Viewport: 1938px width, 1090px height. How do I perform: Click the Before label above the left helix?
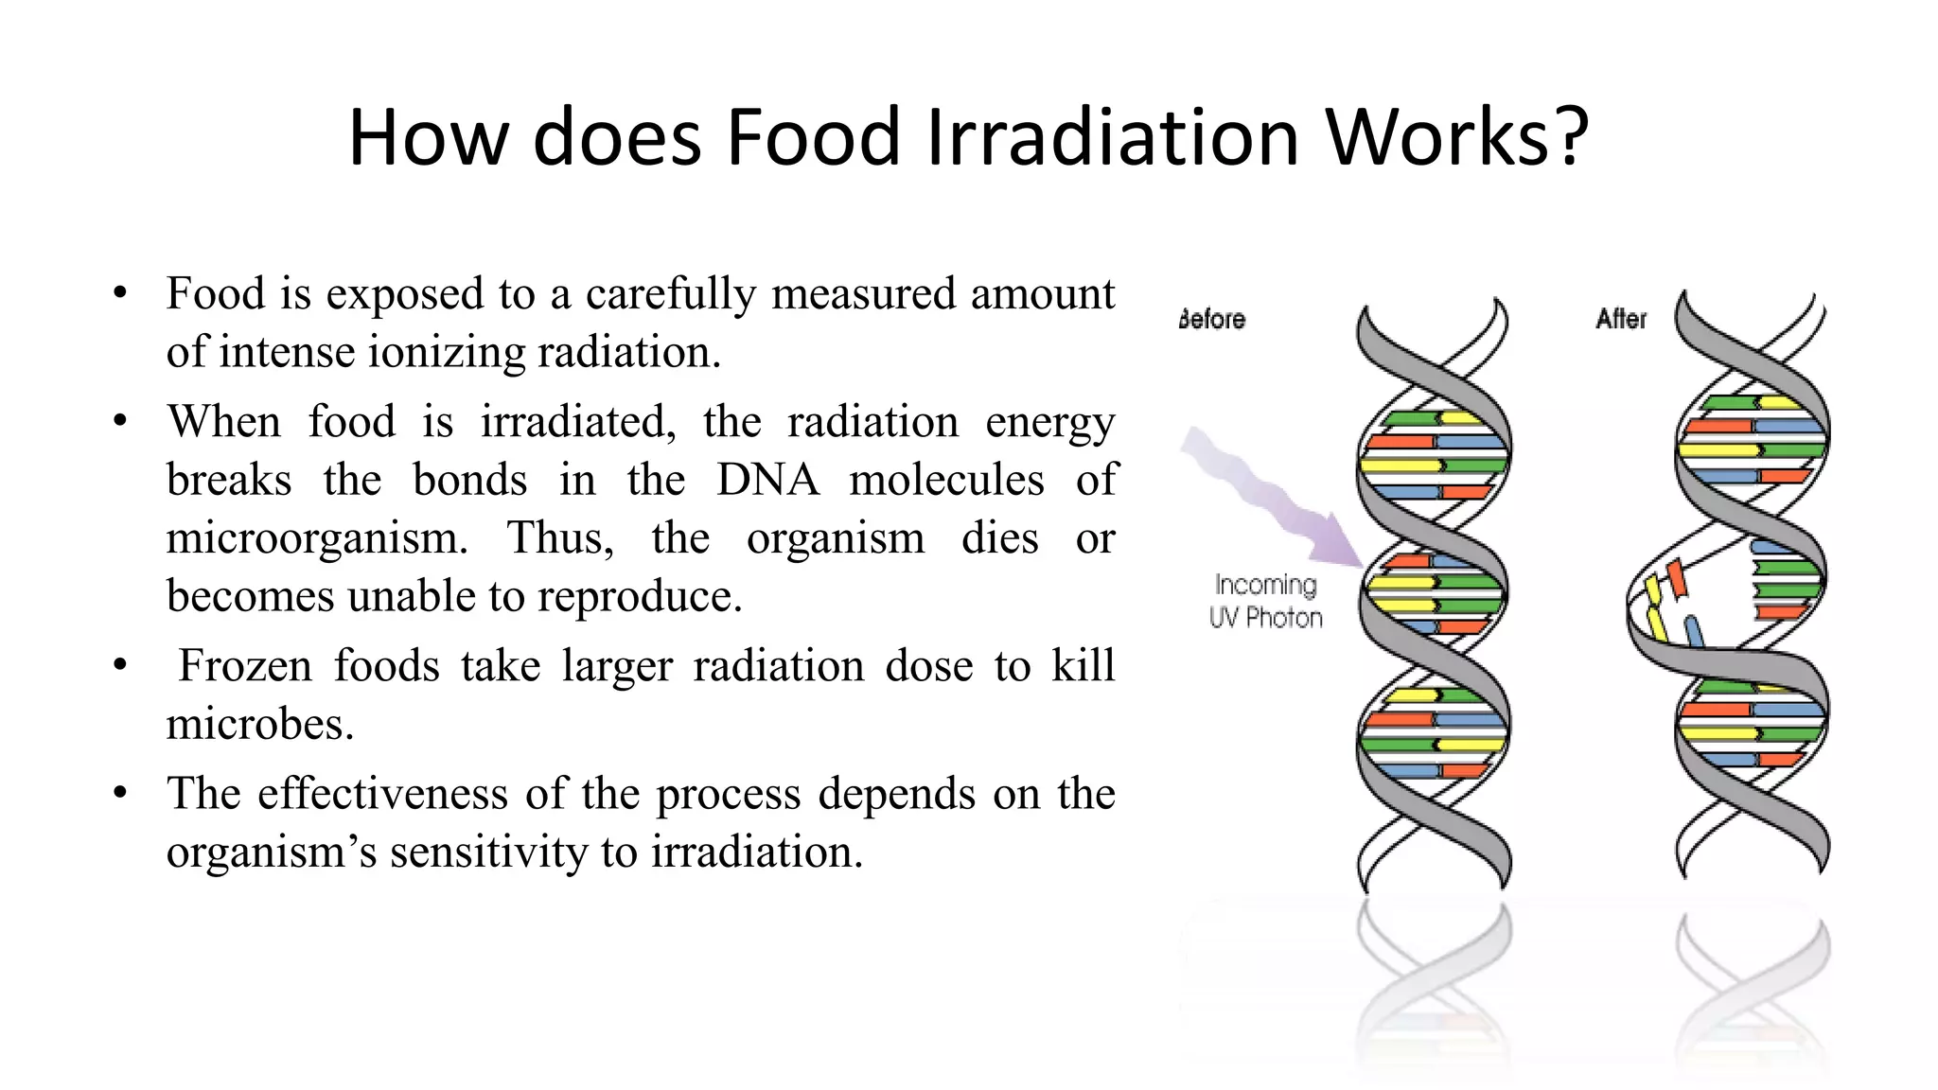(x=1212, y=320)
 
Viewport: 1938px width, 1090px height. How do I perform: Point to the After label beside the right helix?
(x=1621, y=319)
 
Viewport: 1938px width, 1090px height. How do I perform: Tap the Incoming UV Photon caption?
(x=1265, y=602)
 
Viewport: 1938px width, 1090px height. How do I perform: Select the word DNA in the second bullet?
(x=767, y=480)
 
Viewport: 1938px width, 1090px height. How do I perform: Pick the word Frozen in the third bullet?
(x=245, y=665)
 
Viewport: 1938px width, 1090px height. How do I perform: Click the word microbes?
(x=259, y=725)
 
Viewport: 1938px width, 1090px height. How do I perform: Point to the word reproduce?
(x=640, y=597)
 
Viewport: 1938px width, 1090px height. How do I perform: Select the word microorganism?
(x=317, y=538)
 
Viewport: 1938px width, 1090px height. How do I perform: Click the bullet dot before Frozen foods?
(x=119, y=666)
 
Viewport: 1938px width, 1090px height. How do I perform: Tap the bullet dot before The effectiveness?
(x=119, y=793)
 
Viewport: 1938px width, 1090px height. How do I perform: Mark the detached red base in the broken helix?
(x=1677, y=578)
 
